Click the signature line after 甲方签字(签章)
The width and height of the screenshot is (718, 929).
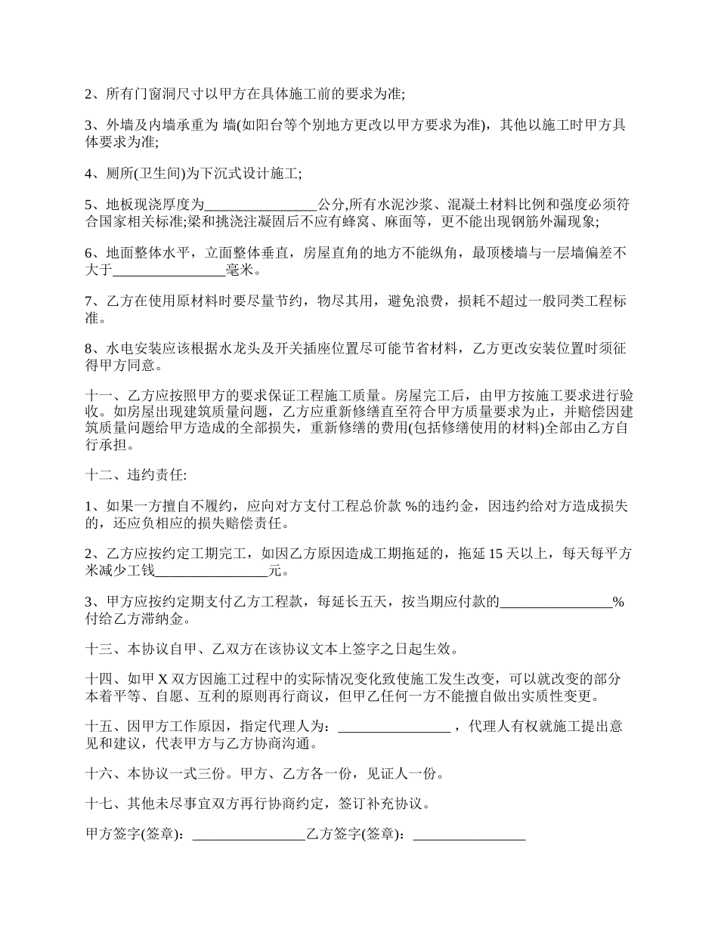(249, 835)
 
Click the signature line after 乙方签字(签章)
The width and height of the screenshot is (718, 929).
(469, 835)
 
